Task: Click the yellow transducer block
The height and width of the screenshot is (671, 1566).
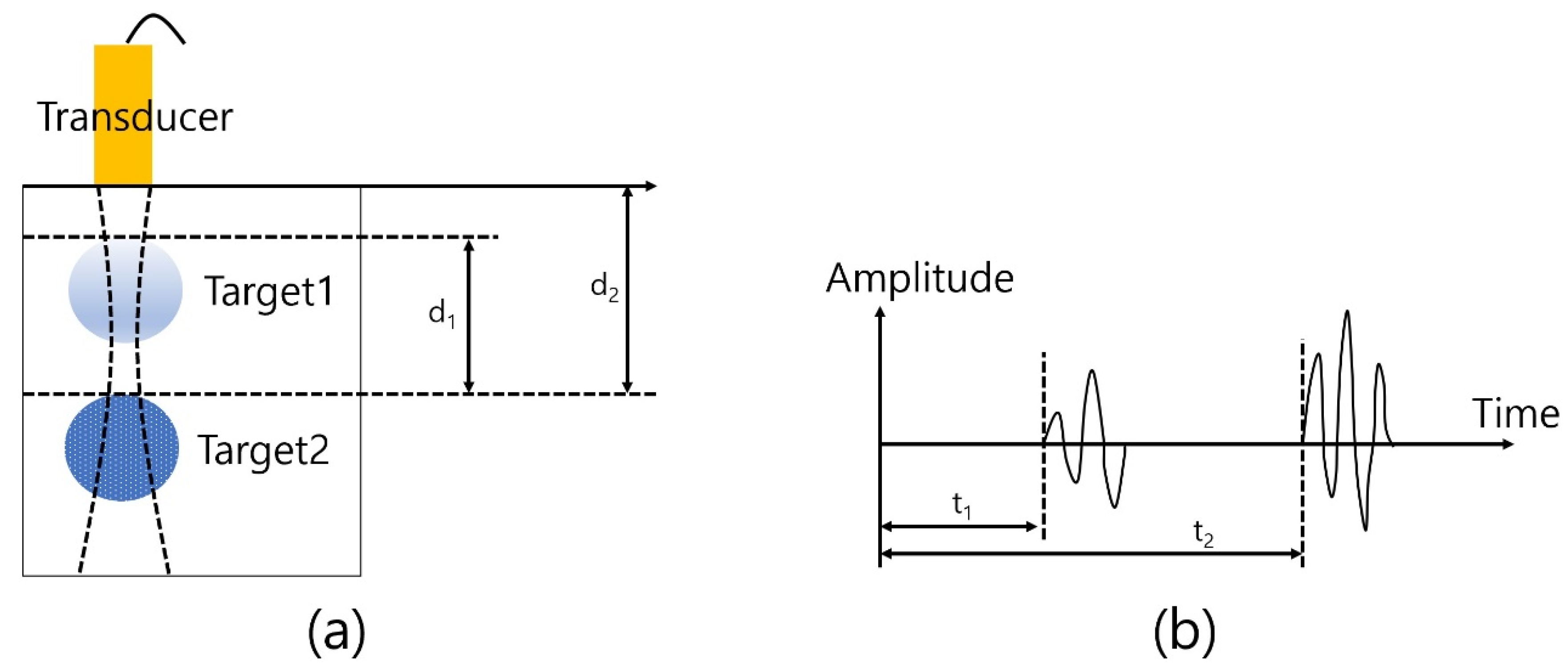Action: [123, 73]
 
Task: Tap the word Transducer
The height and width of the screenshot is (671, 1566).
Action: [135, 117]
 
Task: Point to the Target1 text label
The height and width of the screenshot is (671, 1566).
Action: [269, 291]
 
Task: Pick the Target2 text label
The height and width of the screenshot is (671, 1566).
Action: [263, 450]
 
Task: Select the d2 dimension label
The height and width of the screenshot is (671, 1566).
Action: [604, 287]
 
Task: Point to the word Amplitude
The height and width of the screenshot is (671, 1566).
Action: [920, 278]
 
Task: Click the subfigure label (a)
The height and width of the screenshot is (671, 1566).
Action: [336, 633]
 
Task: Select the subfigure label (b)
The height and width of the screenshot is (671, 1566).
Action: [1184, 633]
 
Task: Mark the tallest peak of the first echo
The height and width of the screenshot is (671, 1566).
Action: [1092, 372]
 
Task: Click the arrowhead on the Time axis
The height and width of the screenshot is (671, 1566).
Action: [1507, 444]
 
